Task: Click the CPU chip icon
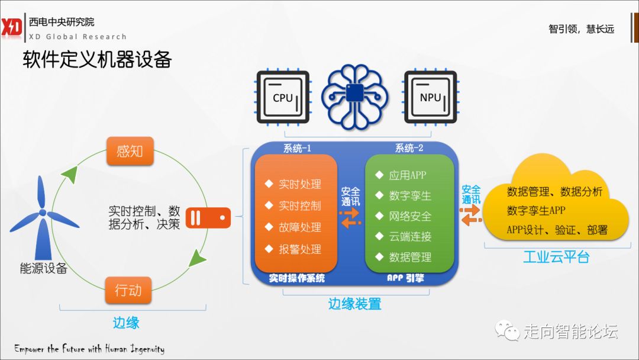[283, 97]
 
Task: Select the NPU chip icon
[430, 97]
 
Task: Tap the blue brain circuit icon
[355, 95]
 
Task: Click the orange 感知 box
[130, 151]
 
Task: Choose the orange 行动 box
[128, 290]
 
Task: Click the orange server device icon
[208, 218]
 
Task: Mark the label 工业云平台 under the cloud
[556, 257]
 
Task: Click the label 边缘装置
[354, 304]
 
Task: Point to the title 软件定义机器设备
[97, 59]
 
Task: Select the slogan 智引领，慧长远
[581, 29]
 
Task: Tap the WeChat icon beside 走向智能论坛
[508, 330]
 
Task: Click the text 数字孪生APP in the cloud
[536, 211]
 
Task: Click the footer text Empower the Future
[89, 349]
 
